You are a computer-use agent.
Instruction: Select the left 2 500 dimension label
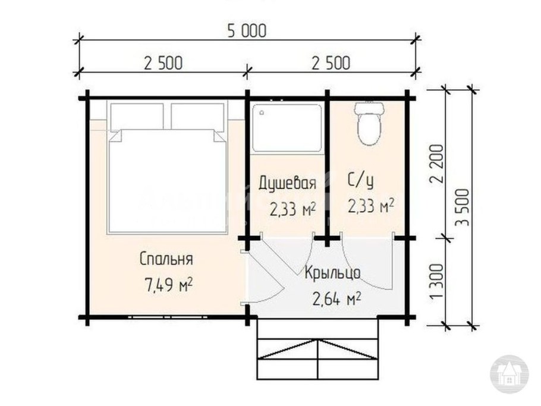(162, 62)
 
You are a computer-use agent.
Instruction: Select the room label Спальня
(166, 259)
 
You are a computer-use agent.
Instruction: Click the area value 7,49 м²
(168, 285)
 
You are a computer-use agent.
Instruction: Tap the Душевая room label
(286, 183)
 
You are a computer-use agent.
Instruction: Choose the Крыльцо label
(332, 273)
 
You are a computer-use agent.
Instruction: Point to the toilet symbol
(369, 122)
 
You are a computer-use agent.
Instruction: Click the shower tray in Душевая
(287, 127)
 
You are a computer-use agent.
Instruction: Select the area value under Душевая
(292, 209)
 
